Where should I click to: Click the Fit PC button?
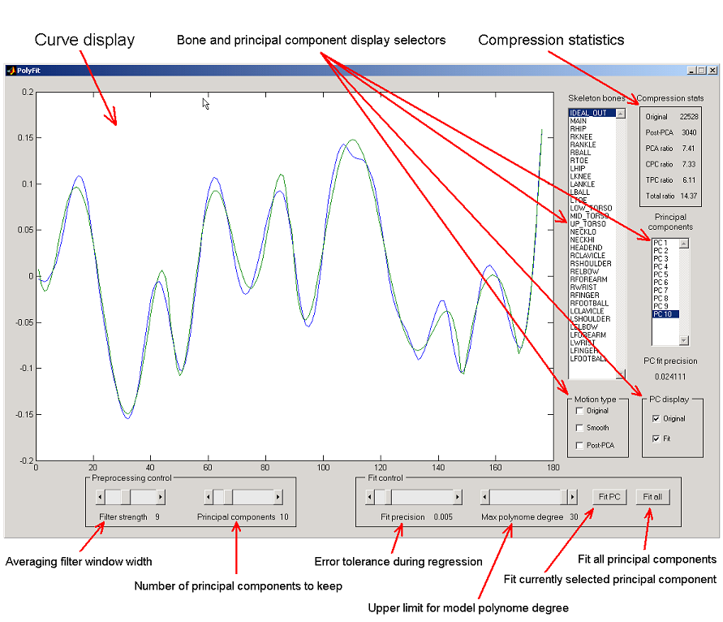[x=609, y=497]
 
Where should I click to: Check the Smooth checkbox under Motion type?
[x=579, y=428]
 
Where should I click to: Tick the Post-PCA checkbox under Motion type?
[x=579, y=445]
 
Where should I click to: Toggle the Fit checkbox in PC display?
[x=656, y=438]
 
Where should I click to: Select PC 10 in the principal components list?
[x=663, y=314]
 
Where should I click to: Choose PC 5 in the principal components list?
[x=661, y=274]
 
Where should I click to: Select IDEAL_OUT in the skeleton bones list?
[x=588, y=113]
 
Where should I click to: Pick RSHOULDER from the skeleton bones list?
[x=591, y=263]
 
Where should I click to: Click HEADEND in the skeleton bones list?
[x=586, y=248]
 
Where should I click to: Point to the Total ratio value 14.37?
[x=689, y=197]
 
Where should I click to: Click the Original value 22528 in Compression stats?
[x=689, y=117]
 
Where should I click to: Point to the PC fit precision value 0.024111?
[x=670, y=377]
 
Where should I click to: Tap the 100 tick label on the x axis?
[x=323, y=468]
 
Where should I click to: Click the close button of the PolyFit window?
[x=712, y=70]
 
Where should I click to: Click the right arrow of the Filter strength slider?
[x=161, y=497]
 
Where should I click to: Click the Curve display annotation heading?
[x=84, y=40]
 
